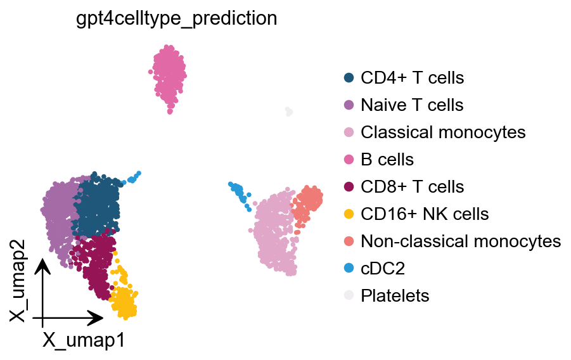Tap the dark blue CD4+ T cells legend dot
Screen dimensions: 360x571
point(349,78)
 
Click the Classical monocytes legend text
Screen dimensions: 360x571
point(443,132)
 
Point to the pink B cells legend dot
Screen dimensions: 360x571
point(349,159)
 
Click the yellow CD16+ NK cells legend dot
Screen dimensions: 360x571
point(349,214)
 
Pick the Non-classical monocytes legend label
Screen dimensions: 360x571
point(461,241)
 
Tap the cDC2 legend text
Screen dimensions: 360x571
point(383,268)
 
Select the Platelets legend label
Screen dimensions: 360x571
point(395,295)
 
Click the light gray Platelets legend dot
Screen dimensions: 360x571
point(349,295)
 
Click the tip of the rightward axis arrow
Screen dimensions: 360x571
point(103,317)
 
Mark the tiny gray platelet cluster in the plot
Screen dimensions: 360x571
point(289,112)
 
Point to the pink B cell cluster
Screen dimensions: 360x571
point(169,74)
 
